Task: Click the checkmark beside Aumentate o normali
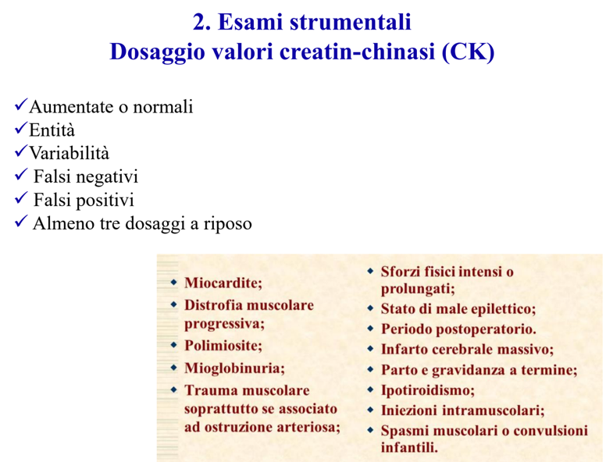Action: click(x=20, y=105)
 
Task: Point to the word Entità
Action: click(x=52, y=130)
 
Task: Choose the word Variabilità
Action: click(x=70, y=154)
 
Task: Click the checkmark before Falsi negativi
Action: click(x=20, y=175)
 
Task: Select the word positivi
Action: click(x=102, y=201)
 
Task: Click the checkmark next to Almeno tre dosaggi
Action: click(x=20, y=222)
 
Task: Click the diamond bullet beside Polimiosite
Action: click(x=173, y=345)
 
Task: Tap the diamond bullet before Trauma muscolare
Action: click(x=173, y=389)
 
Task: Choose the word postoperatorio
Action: click(x=492, y=329)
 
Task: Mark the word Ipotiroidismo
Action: click(x=427, y=390)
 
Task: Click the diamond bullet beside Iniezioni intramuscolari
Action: click(x=370, y=410)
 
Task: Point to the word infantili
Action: click(x=409, y=448)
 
